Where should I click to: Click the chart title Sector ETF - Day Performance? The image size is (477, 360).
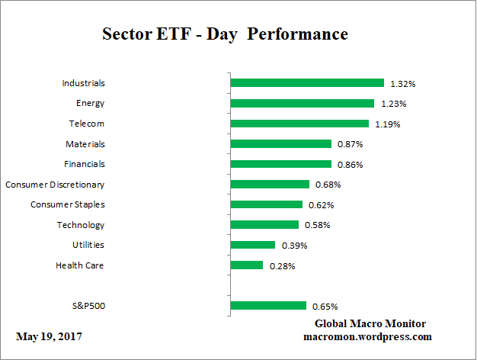pos(225,34)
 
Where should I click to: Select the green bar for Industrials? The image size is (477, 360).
pos(306,83)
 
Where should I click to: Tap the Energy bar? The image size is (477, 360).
pos(302,103)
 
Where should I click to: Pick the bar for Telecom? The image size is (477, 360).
pos(299,124)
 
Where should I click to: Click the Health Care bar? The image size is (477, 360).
pos(246,265)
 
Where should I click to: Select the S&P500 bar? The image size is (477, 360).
pos(267,306)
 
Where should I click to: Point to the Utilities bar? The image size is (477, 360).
pos(252,245)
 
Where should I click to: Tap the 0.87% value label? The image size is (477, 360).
pos(349,144)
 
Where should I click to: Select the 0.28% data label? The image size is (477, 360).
pos(282,266)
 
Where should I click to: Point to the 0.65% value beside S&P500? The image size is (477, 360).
pos(324,307)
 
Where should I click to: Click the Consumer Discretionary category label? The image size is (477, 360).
pos(55,185)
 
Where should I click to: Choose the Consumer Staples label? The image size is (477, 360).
pos(67,204)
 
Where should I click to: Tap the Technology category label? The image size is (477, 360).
pos(80,225)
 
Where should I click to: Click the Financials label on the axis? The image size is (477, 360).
pos(85,164)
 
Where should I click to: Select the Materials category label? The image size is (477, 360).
pos(85,143)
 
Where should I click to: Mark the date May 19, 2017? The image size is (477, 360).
pos(50,336)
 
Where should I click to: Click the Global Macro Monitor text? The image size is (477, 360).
pos(370,323)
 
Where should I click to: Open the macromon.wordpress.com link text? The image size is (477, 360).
pos(367,336)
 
